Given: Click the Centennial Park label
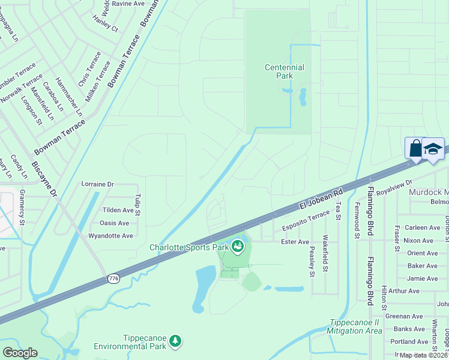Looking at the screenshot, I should point(284,71).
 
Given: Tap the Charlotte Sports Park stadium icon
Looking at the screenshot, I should point(238,246).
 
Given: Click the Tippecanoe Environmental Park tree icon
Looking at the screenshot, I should point(175,341).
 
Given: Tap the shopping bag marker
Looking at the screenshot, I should point(415,148).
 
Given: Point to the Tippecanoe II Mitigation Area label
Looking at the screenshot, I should point(355,326).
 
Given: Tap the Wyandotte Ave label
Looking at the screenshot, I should point(110,236).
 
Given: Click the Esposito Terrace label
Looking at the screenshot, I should point(306,221).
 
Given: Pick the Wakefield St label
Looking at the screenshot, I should point(326,251).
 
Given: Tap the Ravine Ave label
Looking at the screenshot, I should point(128,4).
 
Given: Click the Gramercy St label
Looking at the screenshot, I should point(22,208).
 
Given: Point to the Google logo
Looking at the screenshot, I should point(20,353).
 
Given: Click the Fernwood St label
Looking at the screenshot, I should point(357,220).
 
